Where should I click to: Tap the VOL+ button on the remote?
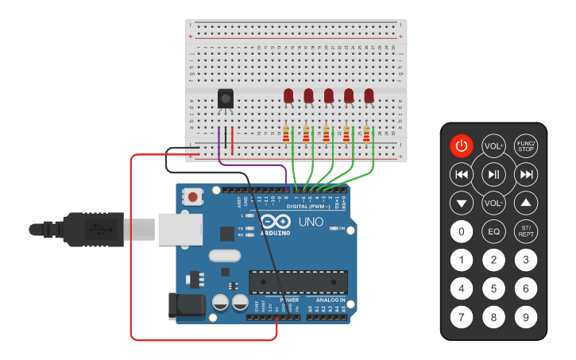pos(493,145)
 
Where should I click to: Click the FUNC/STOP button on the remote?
pos(525,145)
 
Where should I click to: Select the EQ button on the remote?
pos(493,231)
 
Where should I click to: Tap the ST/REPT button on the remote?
pos(525,231)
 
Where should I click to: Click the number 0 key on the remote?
pos(461,232)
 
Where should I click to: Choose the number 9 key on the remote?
pos(525,317)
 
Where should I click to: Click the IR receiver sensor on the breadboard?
pos(226,99)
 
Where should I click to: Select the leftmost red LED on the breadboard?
pos(288,96)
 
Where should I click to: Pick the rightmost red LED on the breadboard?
pos(369,96)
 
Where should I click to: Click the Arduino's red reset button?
pos(192,195)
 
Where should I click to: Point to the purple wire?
pos(254,165)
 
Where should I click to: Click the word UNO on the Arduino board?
pos(311,222)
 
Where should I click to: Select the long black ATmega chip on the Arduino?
pos(298,282)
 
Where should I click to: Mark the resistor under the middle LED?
pos(327,134)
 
